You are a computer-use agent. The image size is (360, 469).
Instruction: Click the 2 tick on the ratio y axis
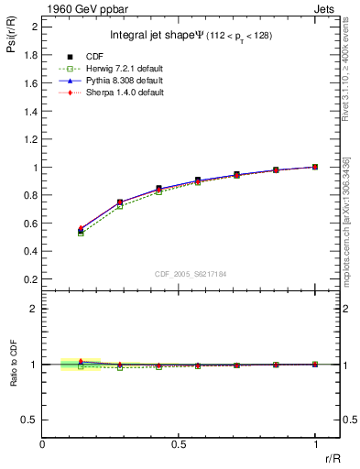(34, 309)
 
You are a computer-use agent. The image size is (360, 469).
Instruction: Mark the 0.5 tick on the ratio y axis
(30, 420)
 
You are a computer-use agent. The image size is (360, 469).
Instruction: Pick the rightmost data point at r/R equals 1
(315, 167)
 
